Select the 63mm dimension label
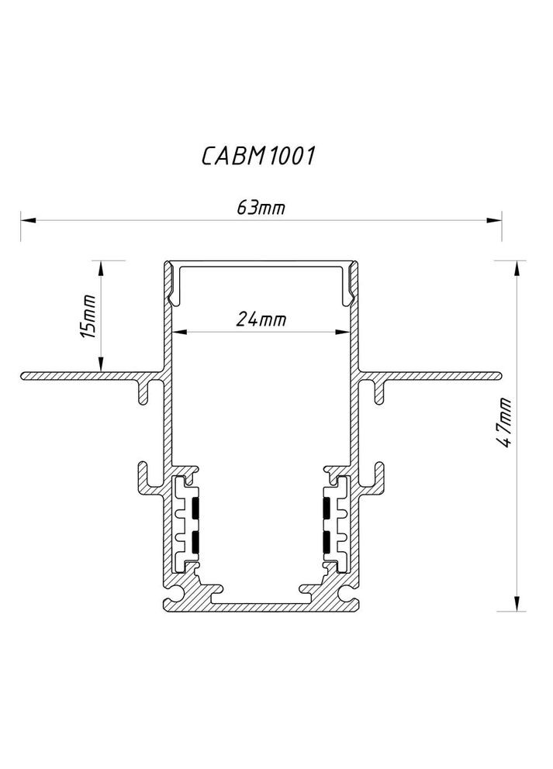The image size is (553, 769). tap(259, 208)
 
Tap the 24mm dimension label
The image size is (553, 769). tap(259, 319)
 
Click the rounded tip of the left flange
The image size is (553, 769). tap(25, 377)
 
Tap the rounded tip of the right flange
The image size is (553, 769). tap(498, 377)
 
